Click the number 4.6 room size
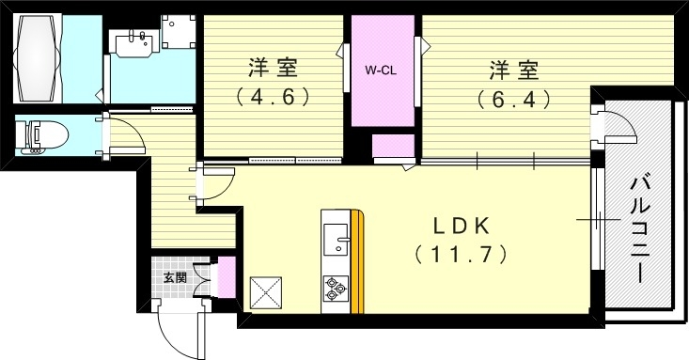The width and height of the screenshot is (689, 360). click(x=273, y=96)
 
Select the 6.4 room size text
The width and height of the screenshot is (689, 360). click(x=512, y=98)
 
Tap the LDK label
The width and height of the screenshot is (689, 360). click(x=461, y=227)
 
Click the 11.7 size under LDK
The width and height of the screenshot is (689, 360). click(x=461, y=254)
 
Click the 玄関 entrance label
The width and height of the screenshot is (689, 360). click(x=174, y=278)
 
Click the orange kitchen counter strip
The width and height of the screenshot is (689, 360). click(x=357, y=263)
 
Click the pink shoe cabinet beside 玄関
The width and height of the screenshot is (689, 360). click(x=227, y=278)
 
